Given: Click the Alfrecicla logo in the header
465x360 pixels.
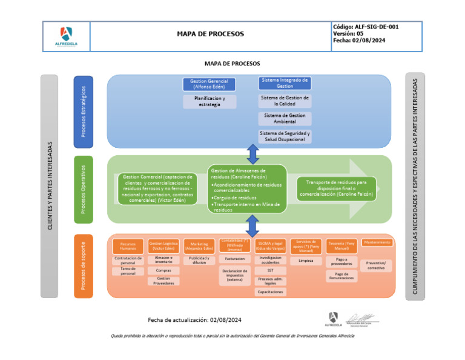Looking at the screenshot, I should (x=66, y=36).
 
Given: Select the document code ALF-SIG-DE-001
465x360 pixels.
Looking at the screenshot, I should (x=365, y=27).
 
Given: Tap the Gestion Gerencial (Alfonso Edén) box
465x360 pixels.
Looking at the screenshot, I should (x=209, y=84).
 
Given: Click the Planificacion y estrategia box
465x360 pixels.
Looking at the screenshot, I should (x=209, y=101).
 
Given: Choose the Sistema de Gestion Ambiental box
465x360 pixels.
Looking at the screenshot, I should (x=285, y=118).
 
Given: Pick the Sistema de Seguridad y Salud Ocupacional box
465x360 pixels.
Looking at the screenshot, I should (x=285, y=136).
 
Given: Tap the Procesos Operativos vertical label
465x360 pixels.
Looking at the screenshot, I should (x=84, y=188).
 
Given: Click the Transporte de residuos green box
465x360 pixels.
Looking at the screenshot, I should (x=336, y=188).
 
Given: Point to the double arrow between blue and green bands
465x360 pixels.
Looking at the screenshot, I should (x=253, y=155).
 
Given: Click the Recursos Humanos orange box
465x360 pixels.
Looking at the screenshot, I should (x=128, y=246).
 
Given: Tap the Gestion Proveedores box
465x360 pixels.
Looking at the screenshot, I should (x=163, y=281).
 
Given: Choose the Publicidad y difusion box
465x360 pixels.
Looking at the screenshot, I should (x=199, y=261).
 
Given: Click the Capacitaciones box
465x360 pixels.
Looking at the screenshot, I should (x=269, y=292).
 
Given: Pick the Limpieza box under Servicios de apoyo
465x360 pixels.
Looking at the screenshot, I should (x=306, y=261).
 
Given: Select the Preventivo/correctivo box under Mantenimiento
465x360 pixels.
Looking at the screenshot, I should (x=376, y=265).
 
